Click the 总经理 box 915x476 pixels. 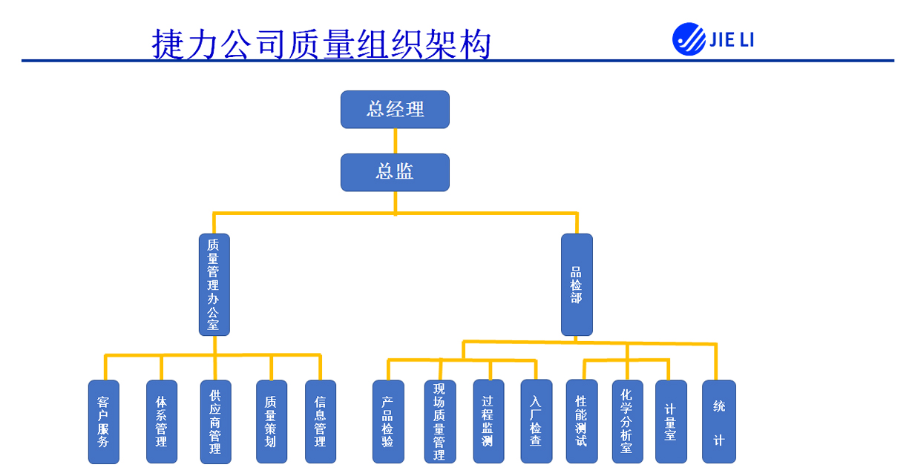click(395, 109)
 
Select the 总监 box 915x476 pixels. click(395, 172)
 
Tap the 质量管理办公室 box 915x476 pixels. click(214, 285)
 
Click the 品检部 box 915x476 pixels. click(577, 285)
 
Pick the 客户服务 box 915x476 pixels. click(103, 422)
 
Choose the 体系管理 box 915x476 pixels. click(161, 422)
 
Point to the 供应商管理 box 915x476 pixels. click(215, 422)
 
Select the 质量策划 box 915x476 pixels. click(271, 422)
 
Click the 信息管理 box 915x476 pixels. click(320, 422)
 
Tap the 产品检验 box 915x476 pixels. click(388, 422)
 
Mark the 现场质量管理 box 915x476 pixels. click(439, 422)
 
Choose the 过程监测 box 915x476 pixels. click(488, 422)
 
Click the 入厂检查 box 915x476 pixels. click(536, 422)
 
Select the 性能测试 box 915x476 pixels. click(581, 422)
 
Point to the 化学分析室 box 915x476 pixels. click(627, 422)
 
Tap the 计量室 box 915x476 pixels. click(671, 422)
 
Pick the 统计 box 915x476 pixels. click(718, 422)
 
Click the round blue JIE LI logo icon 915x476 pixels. click(689, 39)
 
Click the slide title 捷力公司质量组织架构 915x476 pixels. click(321, 44)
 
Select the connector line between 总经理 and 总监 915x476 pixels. click(395, 141)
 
